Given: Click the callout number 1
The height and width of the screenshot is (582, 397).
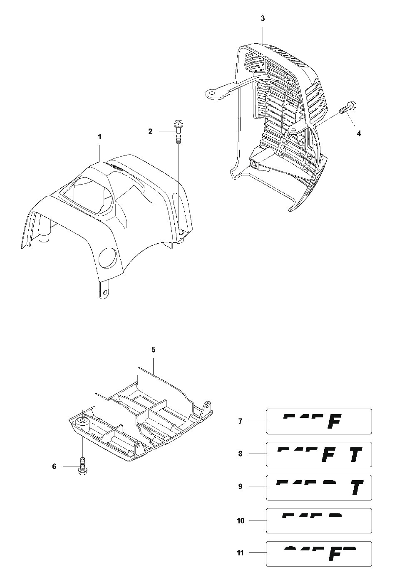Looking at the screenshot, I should (x=99, y=136).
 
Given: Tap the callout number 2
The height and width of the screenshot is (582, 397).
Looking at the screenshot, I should (x=150, y=132).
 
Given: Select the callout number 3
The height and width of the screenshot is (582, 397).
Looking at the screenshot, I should (x=262, y=19).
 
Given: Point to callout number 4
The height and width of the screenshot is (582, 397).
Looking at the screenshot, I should (x=359, y=133).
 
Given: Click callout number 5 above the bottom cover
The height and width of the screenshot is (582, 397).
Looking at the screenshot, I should (x=153, y=350).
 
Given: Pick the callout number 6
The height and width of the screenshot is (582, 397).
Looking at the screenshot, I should (x=54, y=466).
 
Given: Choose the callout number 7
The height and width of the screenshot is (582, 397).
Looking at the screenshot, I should (x=241, y=421).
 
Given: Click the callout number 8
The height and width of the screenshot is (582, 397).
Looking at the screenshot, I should (x=241, y=454).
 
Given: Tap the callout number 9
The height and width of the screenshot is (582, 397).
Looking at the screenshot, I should (x=241, y=486).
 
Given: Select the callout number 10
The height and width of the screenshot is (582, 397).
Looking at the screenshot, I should (x=241, y=520).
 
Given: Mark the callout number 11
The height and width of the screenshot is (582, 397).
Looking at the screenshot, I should (x=241, y=553).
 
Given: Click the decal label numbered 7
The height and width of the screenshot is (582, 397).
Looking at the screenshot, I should (x=319, y=422).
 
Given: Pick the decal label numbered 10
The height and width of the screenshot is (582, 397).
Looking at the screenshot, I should (x=319, y=520).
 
